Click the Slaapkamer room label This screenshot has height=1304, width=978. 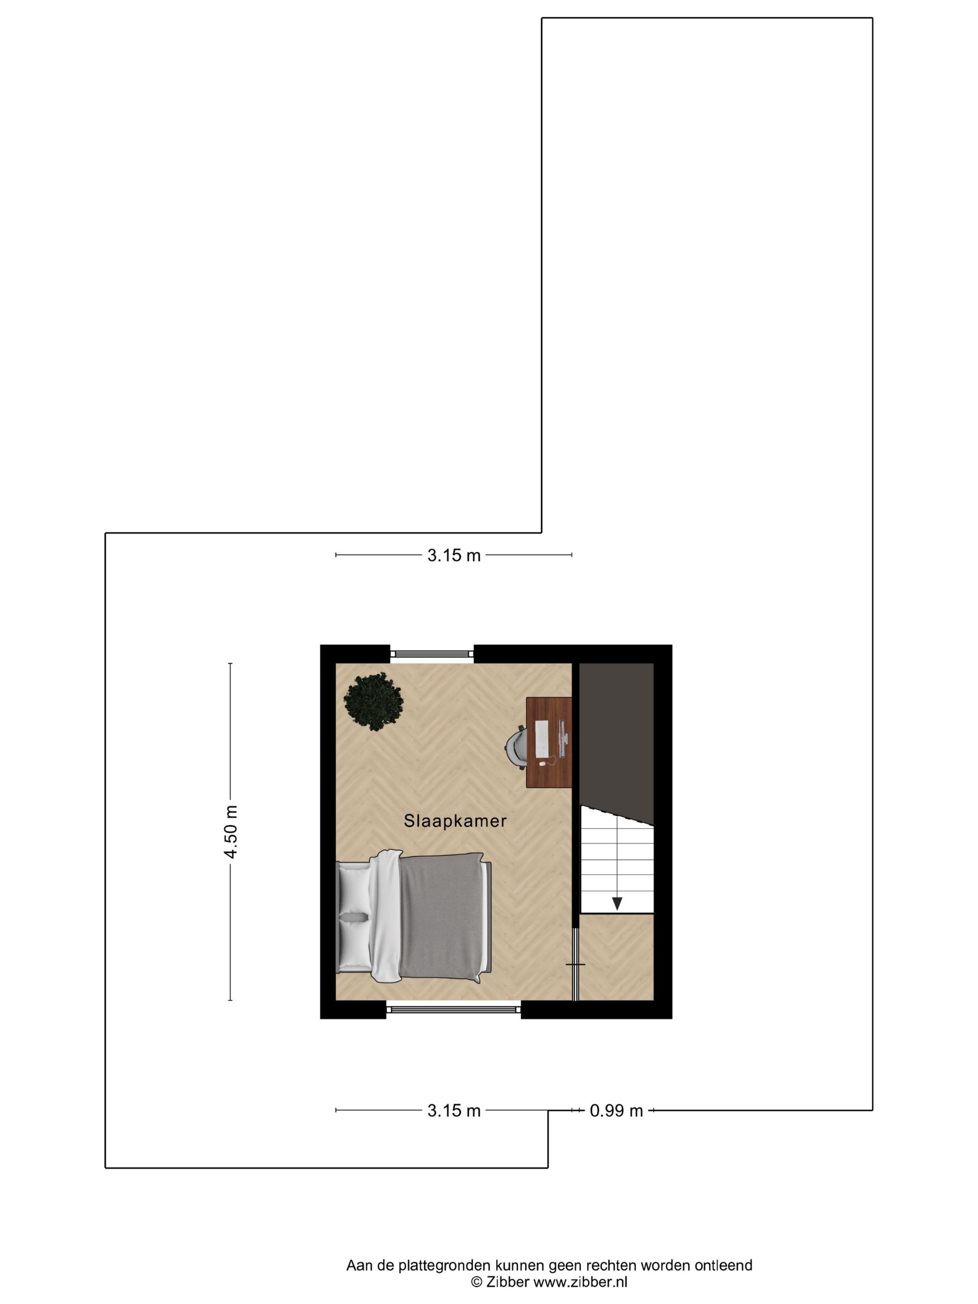point(455,821)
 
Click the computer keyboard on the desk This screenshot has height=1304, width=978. point(541,739)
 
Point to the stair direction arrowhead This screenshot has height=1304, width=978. point(617,903)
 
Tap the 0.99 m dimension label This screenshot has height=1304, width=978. point(616,1111)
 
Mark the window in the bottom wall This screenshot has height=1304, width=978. point(453,1010)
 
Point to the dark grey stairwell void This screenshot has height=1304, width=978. point(616,737)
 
